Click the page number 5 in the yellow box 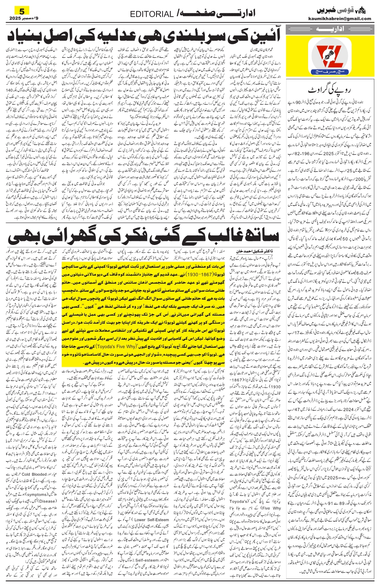[x=22, y=10]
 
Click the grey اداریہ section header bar [x=330, y=30]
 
